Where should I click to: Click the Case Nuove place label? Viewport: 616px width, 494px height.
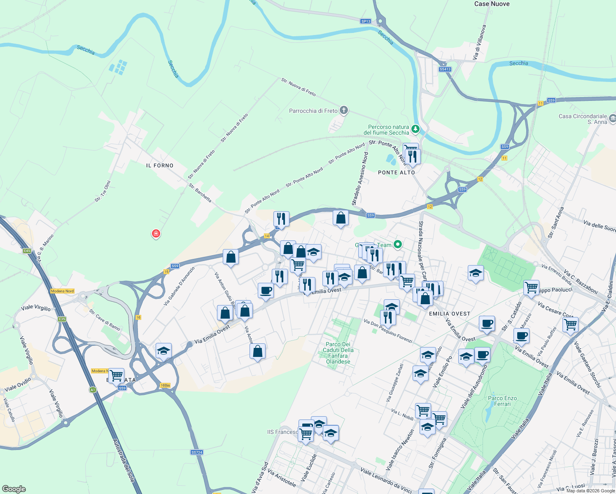click(492, 4)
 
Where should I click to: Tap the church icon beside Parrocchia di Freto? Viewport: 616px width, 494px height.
click(344, 110)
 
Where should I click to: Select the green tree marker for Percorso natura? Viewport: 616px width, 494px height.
click(416, 129)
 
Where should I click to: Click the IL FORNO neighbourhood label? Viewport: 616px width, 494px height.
click(160, 165)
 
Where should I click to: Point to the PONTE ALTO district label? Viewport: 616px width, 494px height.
click(396, 172)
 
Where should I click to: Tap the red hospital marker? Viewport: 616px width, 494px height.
click(156, 234)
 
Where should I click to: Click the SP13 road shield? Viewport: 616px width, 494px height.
click(365, 21)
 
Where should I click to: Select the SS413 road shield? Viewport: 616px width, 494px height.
click(445, 69)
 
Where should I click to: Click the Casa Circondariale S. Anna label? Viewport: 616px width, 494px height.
click(582, 119)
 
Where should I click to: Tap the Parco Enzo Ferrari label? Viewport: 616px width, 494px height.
click(502, 401)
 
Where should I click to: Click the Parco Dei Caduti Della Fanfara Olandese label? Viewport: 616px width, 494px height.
click(338, 353)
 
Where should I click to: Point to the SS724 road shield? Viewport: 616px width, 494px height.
click(197, 452)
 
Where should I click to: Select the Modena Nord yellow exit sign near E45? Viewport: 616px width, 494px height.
click(62, 291)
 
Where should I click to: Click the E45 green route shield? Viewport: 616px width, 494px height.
click(27, 251)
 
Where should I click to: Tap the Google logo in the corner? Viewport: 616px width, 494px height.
click(14, 489)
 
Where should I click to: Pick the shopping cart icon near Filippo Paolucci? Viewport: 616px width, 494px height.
click(531, 287)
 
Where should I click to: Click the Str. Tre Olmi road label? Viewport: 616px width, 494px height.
click(103, 191)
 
